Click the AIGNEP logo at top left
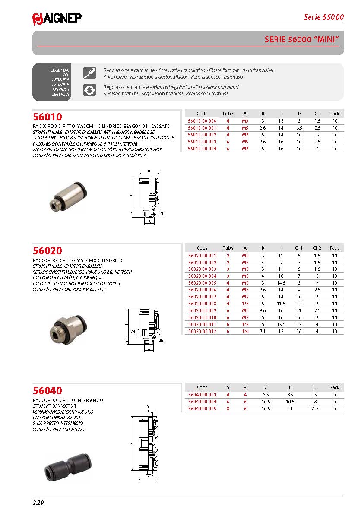[x=57, y=18]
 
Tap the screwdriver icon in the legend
[x=89, y=73]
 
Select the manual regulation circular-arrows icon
[x=89, y=90]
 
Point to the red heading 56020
[x=47, y=251]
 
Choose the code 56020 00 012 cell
[x=202, y=331]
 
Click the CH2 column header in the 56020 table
[x=317, y=248]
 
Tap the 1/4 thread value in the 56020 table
[x=245, y=331]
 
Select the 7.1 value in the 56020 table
[x=263, y=331]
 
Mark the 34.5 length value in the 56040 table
[x=314, y=409]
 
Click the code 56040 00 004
[x=202, y=402]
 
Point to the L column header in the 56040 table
[x=314, y=387]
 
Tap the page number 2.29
[x=39, y=503]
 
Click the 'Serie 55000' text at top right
[x=323, y=17]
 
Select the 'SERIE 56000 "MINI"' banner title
[x=301, y=40]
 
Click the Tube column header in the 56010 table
[x=228, y=114]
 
